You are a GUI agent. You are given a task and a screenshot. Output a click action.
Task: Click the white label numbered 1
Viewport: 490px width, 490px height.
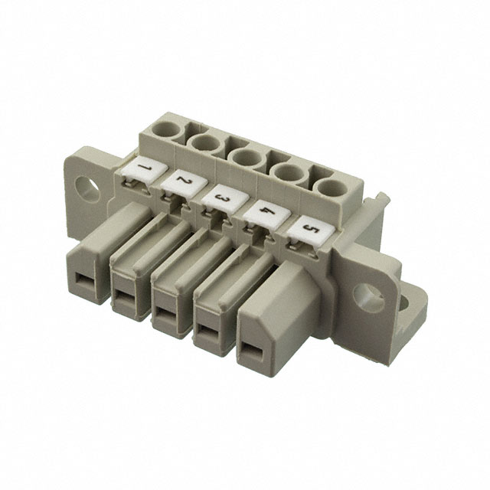[x=145, y=170]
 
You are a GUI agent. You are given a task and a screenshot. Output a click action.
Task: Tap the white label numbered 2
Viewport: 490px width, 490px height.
[x=185, y=184]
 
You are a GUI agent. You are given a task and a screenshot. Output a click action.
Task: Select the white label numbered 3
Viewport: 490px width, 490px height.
[x=225, y=198]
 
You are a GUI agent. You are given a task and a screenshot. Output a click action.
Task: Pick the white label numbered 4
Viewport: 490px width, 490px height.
[x=267, y=214]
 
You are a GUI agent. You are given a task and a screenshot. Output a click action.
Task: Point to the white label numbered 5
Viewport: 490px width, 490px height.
[x=312, y=230]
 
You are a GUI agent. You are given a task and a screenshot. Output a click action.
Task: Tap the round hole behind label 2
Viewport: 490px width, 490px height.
[x=206, y=144]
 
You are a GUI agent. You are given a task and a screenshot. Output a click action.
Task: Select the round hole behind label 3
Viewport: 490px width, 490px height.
[x=247, y=158]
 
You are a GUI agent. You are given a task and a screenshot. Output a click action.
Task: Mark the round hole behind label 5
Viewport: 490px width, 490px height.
[x=332, y=188]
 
